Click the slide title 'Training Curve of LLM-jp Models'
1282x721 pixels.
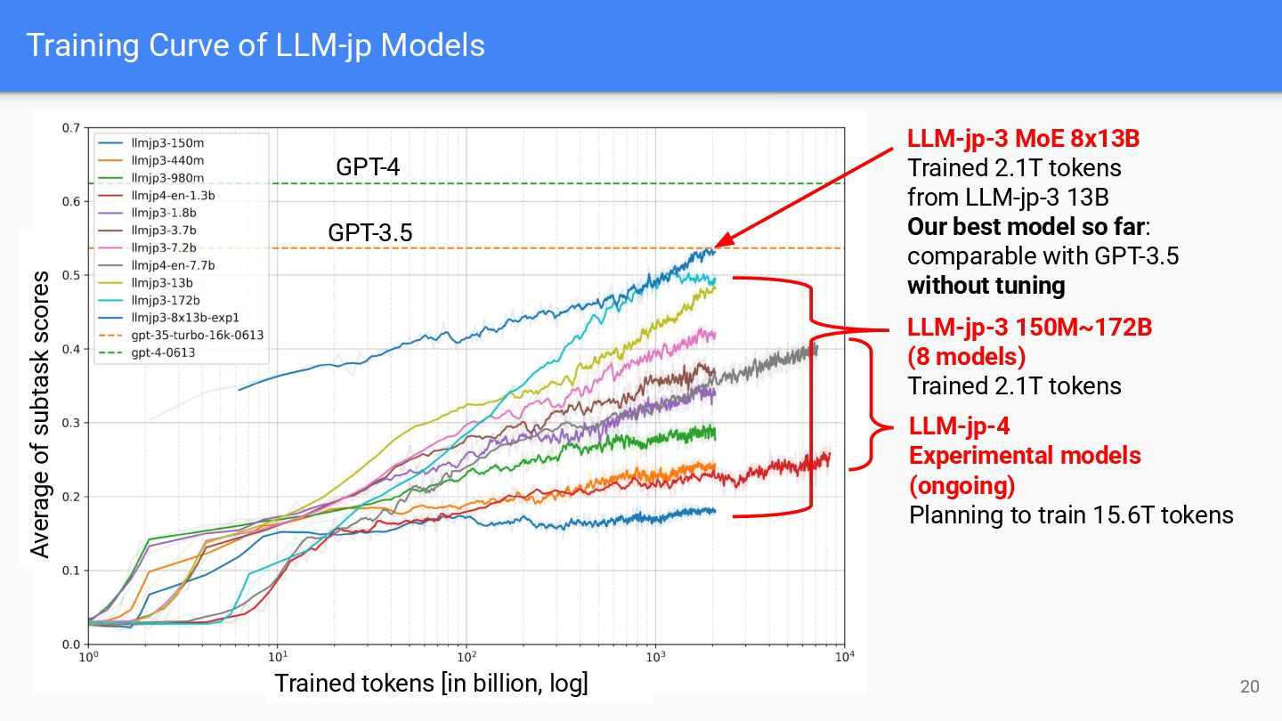click(x=256, y=45)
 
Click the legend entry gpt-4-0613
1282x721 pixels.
click(x=162, y=352)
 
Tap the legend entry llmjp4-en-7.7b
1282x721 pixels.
click(x=172, y=264)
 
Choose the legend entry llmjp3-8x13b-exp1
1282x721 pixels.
click(x=183, y=317)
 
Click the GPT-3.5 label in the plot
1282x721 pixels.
click(x=370, y=233)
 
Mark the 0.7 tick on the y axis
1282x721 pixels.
click(x=71, y=127)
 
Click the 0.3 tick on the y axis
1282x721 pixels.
click(x=71, y=423)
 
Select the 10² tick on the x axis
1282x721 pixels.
click(x=465, y=659)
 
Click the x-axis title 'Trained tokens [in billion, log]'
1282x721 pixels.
click(x=431, y=684)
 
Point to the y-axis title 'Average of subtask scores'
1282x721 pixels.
click(x=40, y=415)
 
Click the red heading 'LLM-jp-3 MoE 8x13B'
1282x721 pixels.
click(x=1024, y=139)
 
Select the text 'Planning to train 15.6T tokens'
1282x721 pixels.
click(x=1071, y=514)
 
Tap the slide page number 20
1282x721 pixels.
click(x=1250, y=686)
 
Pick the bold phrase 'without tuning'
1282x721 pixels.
click(x=986, y=286)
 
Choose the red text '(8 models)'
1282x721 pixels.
click(x=966, y=357)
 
